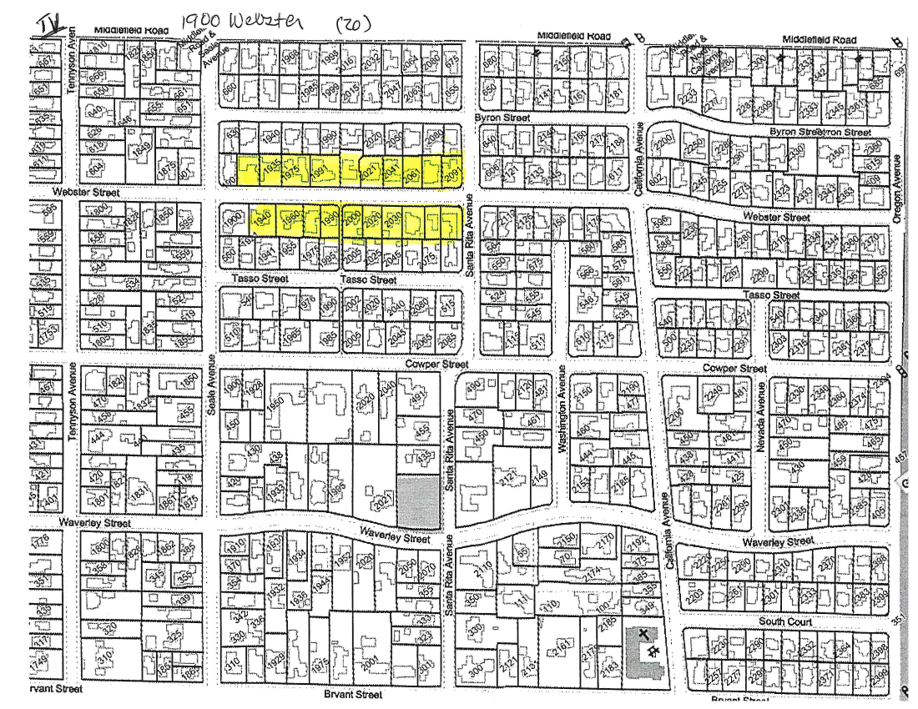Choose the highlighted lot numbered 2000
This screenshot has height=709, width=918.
(351, 219)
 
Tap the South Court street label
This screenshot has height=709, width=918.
(787, 622)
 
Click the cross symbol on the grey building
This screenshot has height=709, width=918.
(643, 635)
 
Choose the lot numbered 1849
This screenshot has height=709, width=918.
(141, 148)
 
